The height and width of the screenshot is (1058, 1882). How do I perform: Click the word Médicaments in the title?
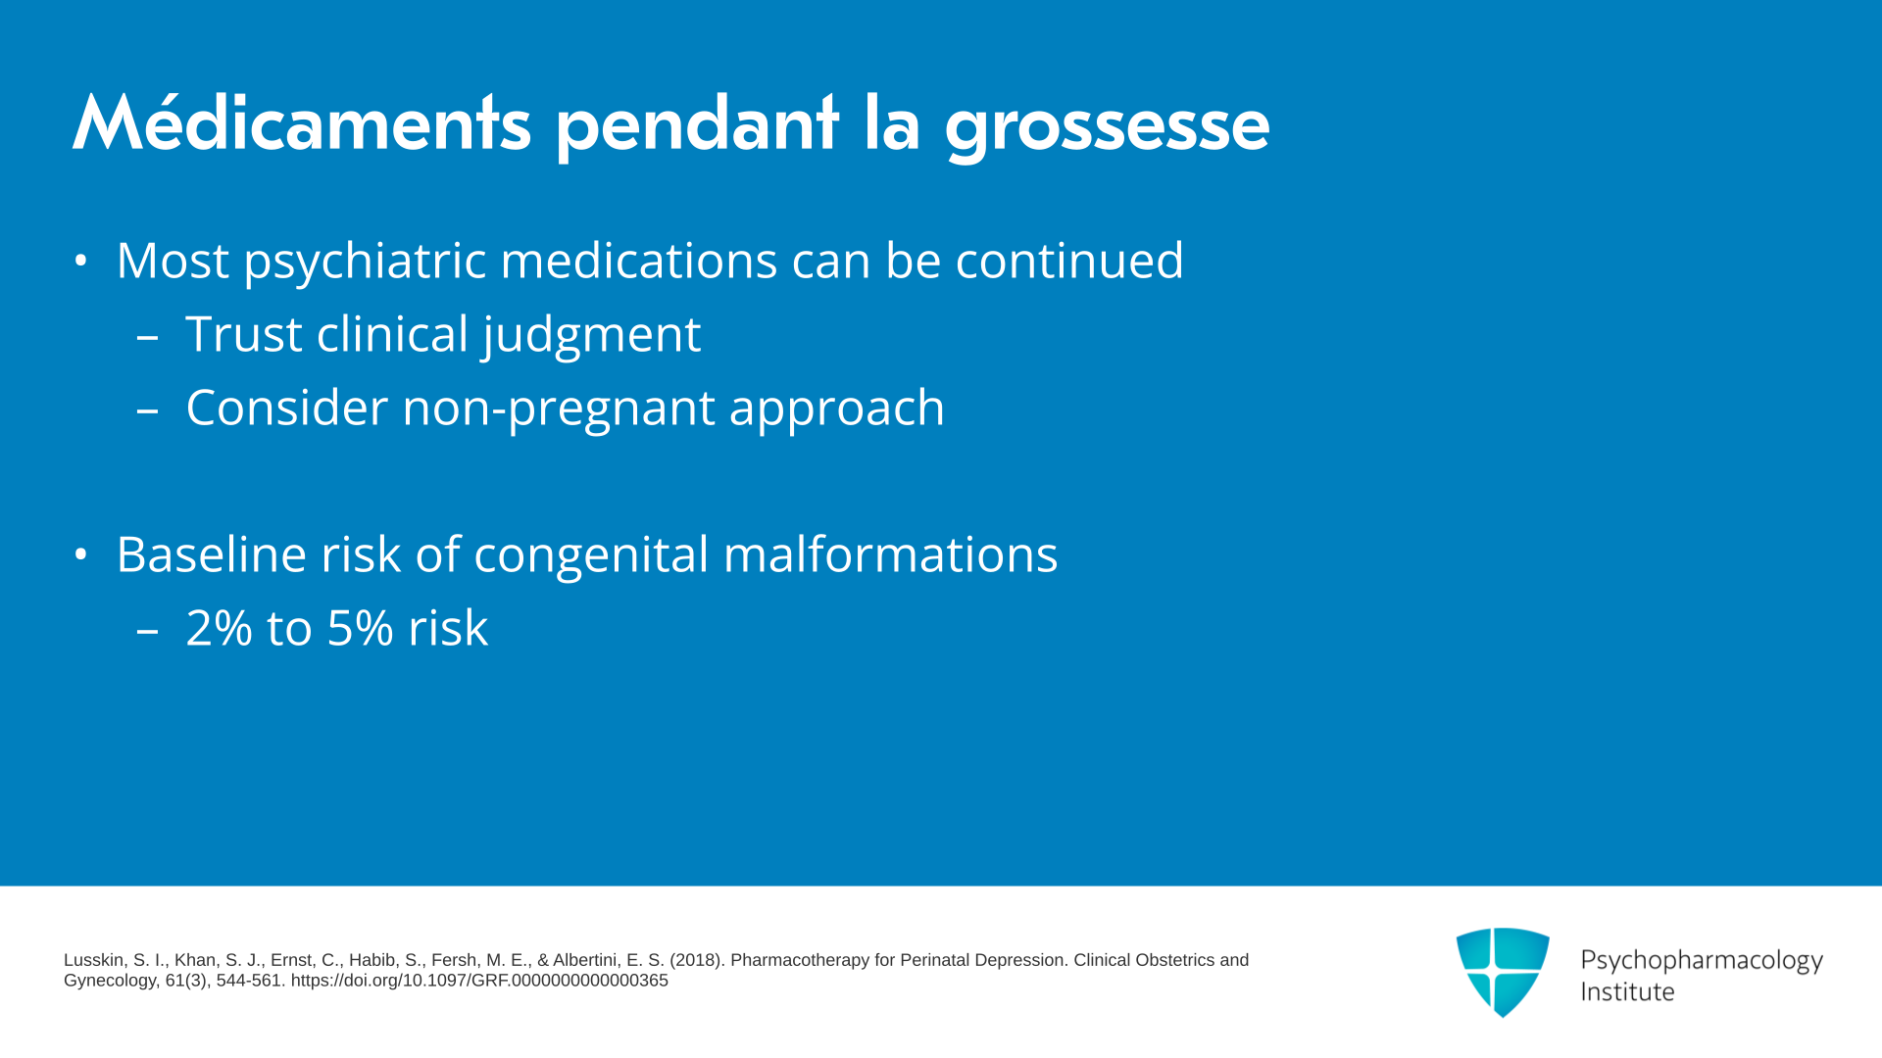click(x=302, y=123)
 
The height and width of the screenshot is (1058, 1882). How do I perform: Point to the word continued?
click(x=1069, y=261)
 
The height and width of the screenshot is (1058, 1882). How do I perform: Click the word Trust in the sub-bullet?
click(x=244, y=334)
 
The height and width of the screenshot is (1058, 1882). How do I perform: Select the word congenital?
click(x=591, y=556)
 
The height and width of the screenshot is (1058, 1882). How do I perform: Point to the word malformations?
click(x=890, y=554)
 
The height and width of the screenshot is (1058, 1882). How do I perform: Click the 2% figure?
click(x=220, y=628)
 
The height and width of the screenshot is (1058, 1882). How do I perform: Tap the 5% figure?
click(x=361, y=628)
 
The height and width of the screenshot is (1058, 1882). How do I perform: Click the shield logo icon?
click(x=1503, y=972)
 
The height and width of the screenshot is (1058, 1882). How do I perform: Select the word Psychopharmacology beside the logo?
click(x=1702, y=961)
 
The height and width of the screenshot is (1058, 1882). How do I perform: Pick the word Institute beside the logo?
click(x=1627, y=992)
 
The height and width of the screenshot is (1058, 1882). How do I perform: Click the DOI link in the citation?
click(x=479, y=981)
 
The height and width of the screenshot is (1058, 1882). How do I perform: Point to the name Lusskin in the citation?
click(x=94, y=961)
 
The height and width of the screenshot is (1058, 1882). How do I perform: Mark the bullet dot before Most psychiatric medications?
click(x=81, y=262)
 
